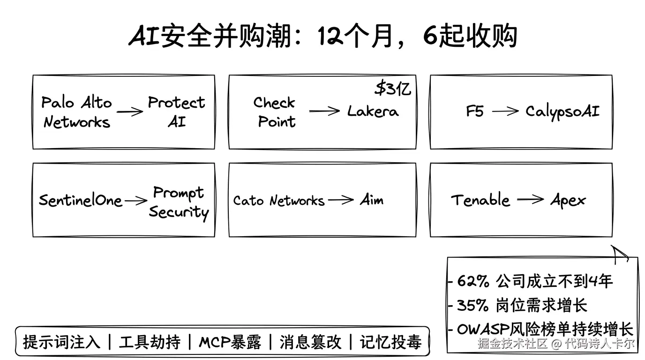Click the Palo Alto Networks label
pyautogui.click(x=77, y=112)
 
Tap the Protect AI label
pyautogui.click(x=176, y=112)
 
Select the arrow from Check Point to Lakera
pyautogui.click(x=324, y=111)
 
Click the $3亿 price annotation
pyautogui.click(x=393, y=88)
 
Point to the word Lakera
pyautogui.click(x=373, y=112)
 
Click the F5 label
pyautogui.click(x=474, y=112)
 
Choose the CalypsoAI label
pyautogui.click(x=562, y=112)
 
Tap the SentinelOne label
pyautogui.click(x=80, y=201)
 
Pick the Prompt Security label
pyautogui.click(x=179, y=202)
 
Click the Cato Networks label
pyautogui.click(x=279, y=201)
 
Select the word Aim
pyautogui.click(x=372, y=200)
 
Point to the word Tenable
pyautogui.click(x=480, y=200)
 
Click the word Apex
pyautogui.click(x=568, y=201)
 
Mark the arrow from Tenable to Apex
pyautogui.click(x=530, y=200)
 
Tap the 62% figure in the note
pyautogui.click(x=473, y=281)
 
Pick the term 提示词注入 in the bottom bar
pyautogui.click(x=61, y=342)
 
